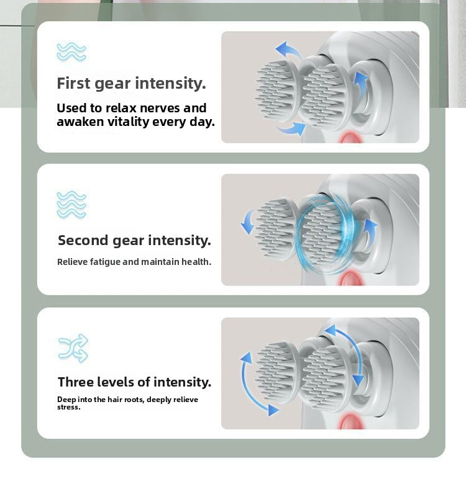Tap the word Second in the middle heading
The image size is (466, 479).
tap(83, 240)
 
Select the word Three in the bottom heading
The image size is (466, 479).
tap(76, 382)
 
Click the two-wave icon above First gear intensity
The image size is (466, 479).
tap(71, 51)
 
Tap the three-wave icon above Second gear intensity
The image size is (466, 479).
tap(71, 204)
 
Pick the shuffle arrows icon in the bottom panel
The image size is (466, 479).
tap(73, 348)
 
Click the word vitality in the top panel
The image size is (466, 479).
tap(131, 122)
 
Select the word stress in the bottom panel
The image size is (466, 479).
tap(68, 407)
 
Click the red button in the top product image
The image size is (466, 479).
tap(350, 138)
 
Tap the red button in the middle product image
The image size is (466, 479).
tap(351, 279)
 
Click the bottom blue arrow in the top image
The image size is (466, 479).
tap(291, 129)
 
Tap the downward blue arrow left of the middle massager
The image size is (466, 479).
tap(247, 221)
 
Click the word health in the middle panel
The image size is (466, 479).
tap(196, 262)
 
